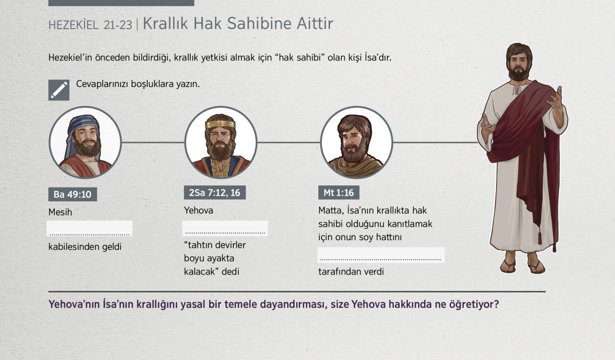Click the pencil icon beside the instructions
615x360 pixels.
tap(59, 90)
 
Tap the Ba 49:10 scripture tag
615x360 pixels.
tap(72, 194)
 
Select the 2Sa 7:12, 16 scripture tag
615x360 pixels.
tap(215, 193)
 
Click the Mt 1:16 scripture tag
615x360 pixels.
tap(339, 193)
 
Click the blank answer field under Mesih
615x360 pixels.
tap(90, 228)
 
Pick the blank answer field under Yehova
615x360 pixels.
tap(225, 228)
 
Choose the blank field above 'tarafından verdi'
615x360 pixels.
tap(381, 255)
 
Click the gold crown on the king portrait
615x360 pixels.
tap(220, 124)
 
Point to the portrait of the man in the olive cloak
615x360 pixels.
tap(357, 142)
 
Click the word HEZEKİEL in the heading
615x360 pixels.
tap(73, 25)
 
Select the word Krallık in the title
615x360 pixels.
tap(165, 24)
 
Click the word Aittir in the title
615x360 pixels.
tap(315, 24)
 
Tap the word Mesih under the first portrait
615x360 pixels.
tap(60, 212)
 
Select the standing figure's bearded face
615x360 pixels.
tap(519, 65)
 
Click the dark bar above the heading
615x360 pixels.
tap(121, 3)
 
